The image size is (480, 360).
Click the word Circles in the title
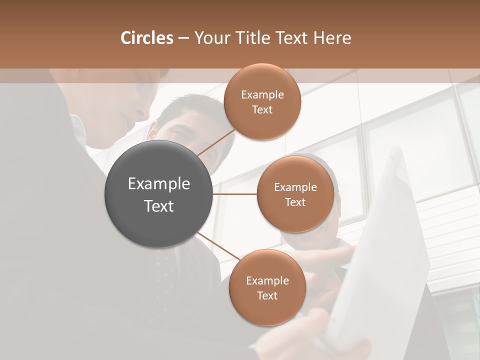click(x=146, y=38)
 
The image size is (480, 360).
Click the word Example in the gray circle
click(x=159, y=184)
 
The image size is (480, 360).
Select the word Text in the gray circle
click(x=159, y=206)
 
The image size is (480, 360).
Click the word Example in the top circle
click(x=262, y=95)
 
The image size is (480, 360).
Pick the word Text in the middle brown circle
click(x=295, y=202)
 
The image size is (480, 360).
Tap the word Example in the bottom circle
click(x=267, y=281)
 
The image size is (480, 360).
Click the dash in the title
click(x=183, y=38)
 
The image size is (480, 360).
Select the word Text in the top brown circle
click(x=262, y=110)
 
